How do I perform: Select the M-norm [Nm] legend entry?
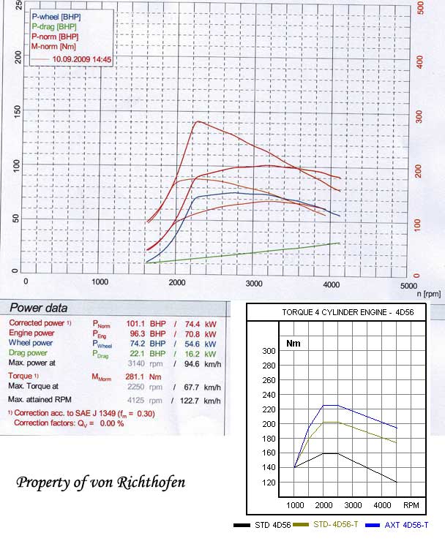[56, 45]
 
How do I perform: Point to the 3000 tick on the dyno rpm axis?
[253, 281]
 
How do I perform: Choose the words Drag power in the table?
[31, 353]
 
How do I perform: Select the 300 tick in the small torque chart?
[269, 352]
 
